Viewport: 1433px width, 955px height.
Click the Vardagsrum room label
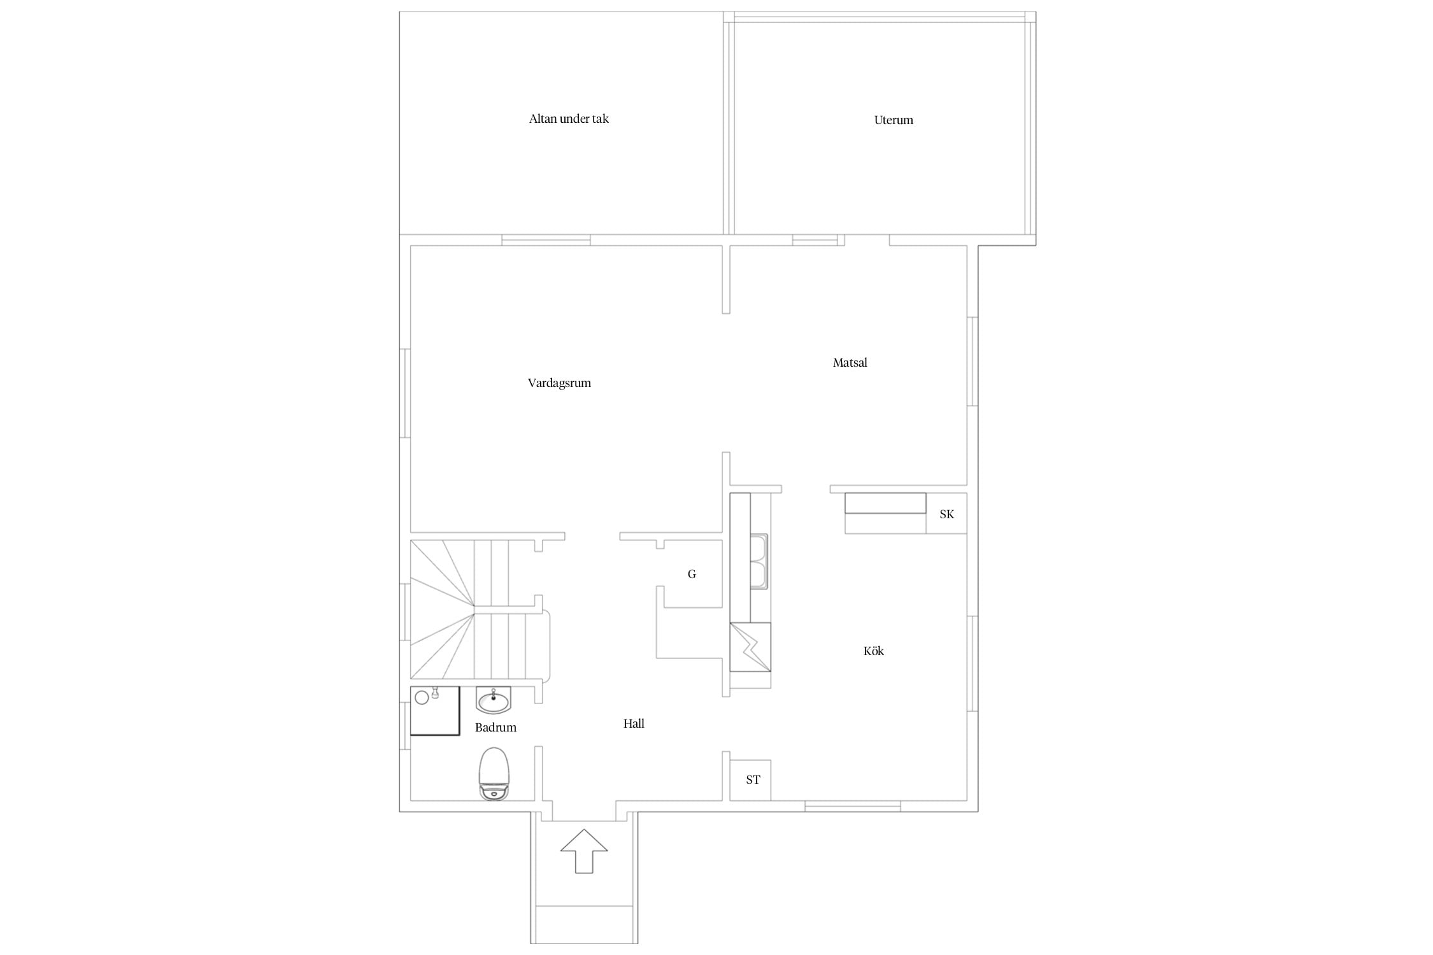pos(559,383)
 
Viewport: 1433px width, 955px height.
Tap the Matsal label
pos(850,363)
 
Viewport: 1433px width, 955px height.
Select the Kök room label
pos(873,651)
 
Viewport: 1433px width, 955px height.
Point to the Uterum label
pos(894,120)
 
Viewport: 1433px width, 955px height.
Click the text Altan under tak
pos(569,119)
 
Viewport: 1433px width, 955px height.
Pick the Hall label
pos(634,723)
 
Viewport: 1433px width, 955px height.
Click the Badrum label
pos(495,727)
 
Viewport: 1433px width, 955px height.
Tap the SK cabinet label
pos(946,514)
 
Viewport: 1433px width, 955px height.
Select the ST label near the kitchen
pos(753,780)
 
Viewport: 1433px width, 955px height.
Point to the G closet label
pos(692,574)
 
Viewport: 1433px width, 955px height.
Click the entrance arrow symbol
pos(584,851)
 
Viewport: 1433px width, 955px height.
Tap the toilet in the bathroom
pos(494,773)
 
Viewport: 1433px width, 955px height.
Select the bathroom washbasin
pos(493,700)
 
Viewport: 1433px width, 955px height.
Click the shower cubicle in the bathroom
pos(434,711)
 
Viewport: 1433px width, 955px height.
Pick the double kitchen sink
pos(759,562)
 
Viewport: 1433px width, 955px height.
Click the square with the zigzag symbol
pos(750,647)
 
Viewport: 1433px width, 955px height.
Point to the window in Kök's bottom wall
pos(853,807)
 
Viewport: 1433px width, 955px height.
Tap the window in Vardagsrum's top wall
pos(546,240)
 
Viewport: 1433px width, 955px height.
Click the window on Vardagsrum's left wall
pos(405,393)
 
